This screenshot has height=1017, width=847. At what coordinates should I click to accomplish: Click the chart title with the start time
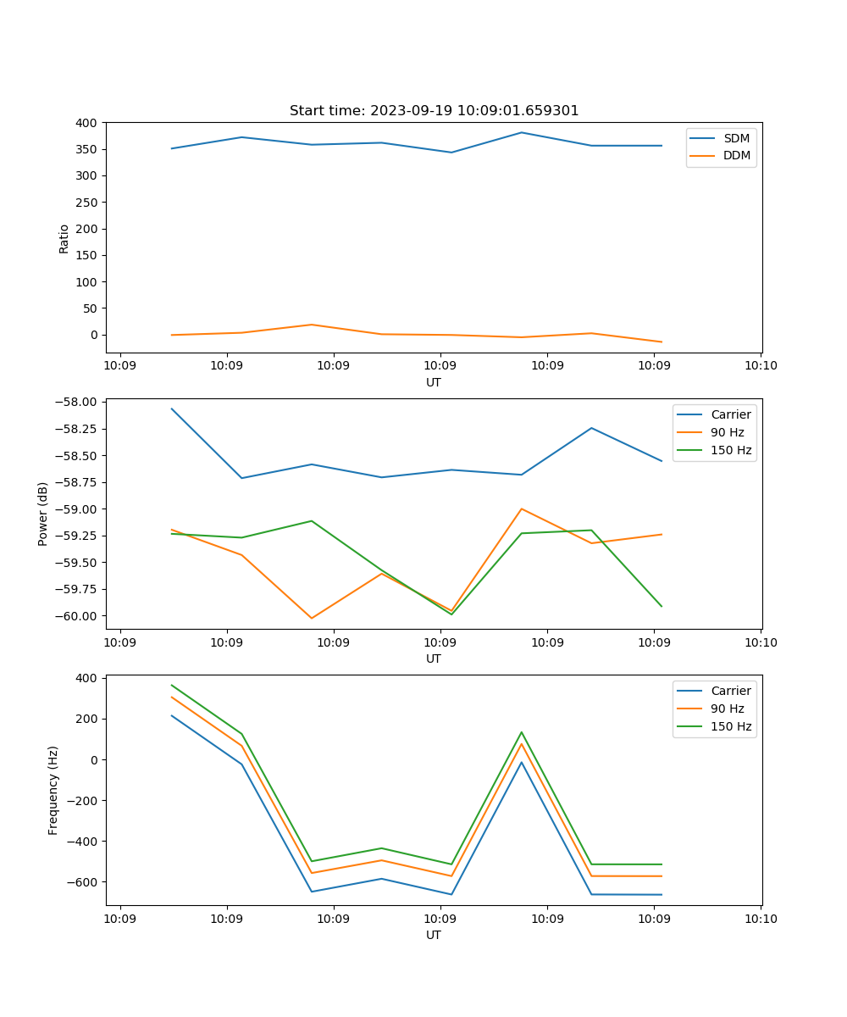point(434,111)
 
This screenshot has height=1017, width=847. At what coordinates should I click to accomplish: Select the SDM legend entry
point(736,138)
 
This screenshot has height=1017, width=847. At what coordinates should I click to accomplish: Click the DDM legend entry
point(736,156)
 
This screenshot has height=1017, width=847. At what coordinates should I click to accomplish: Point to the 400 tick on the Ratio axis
point(86,123)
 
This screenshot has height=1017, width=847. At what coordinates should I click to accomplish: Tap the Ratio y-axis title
point(64,238)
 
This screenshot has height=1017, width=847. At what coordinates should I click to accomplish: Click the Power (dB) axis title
point(43,514)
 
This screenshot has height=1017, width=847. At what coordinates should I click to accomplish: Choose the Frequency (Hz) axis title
point(53,790)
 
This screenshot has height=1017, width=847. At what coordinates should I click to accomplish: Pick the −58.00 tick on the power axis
point(78,402)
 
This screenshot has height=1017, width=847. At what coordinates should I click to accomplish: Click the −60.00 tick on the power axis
point(78,616)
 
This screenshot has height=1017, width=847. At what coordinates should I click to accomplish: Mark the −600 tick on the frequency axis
point(83,882)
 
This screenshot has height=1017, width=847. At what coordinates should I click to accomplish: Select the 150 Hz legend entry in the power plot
point(730,450)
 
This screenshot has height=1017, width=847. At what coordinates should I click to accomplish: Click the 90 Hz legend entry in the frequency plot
point(727,709)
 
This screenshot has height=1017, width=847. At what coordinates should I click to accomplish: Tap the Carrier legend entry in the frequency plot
point(730,691)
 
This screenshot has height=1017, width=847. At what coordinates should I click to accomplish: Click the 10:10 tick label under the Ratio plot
point(761,366)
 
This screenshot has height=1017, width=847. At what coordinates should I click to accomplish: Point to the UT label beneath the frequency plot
point(434,935)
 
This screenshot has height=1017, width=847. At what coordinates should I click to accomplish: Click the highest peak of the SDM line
point(522,132)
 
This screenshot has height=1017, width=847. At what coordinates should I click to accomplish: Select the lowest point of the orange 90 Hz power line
point(312,618)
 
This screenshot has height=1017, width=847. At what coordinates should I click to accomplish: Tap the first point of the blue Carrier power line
point(172,408)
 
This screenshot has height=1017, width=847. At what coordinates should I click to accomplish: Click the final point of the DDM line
point(662,342)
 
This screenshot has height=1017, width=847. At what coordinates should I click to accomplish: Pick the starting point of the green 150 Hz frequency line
point(172,685)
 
